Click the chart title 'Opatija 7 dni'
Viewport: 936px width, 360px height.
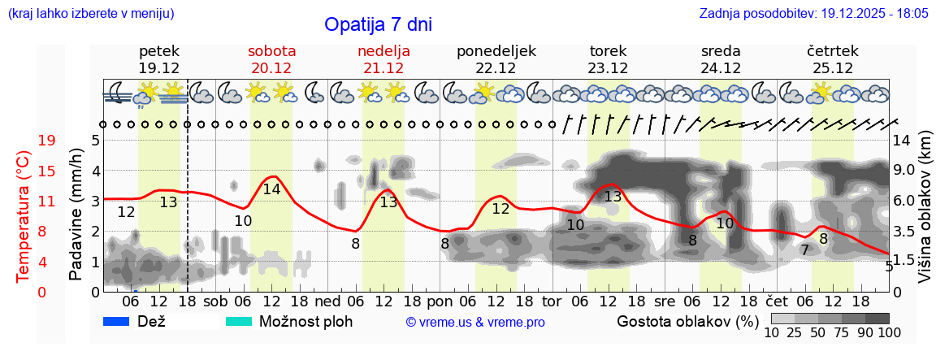coord(378,24)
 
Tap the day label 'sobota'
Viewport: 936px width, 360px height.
coord(271,51)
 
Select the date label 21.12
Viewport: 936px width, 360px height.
coord(383,68)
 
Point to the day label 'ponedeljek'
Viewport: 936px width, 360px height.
coord(496,51)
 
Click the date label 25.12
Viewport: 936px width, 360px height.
coord(832,68)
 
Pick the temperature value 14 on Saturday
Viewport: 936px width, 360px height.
coord(271,189)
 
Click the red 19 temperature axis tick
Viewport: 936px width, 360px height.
coord(47,141)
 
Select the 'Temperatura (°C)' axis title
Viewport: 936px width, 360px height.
coord(24,216)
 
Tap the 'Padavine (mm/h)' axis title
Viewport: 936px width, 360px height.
coord(76,216)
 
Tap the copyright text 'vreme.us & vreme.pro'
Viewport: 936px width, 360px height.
coord(475,322)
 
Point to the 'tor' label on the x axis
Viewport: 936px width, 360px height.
coord(552,301)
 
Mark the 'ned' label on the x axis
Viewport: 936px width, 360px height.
coord(327,301)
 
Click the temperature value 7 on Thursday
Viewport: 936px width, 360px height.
coord(804,249)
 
